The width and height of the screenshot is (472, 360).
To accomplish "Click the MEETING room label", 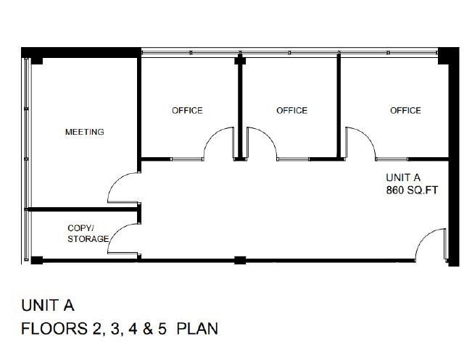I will point(85,132).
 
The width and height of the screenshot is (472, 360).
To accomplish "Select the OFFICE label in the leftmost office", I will point(187,111).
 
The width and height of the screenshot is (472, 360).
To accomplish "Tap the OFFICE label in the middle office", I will point(291,111).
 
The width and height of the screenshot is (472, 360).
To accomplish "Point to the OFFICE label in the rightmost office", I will point(405,111).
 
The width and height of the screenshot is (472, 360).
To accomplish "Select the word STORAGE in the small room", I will point(88,238).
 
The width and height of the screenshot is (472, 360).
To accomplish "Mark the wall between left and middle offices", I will point(240,109).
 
